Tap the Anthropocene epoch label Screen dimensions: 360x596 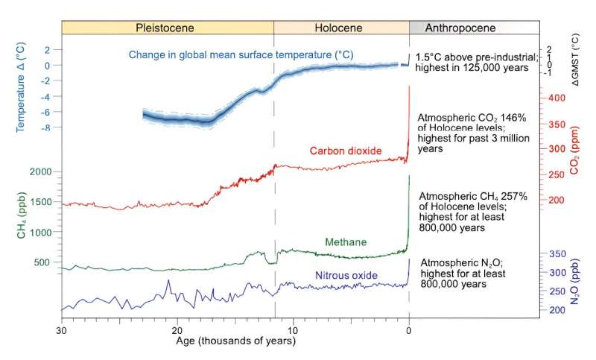(x=458, y=28)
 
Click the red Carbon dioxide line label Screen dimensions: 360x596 (x=346, y=151)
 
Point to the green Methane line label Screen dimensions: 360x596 (x=346, y=242)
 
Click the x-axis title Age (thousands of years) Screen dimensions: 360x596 (x=235, y=342)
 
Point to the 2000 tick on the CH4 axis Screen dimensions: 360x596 (x=42, y=172)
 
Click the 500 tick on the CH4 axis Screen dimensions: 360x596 (x=45, y=262)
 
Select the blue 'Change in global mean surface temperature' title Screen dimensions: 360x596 (x=241, y=54)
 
